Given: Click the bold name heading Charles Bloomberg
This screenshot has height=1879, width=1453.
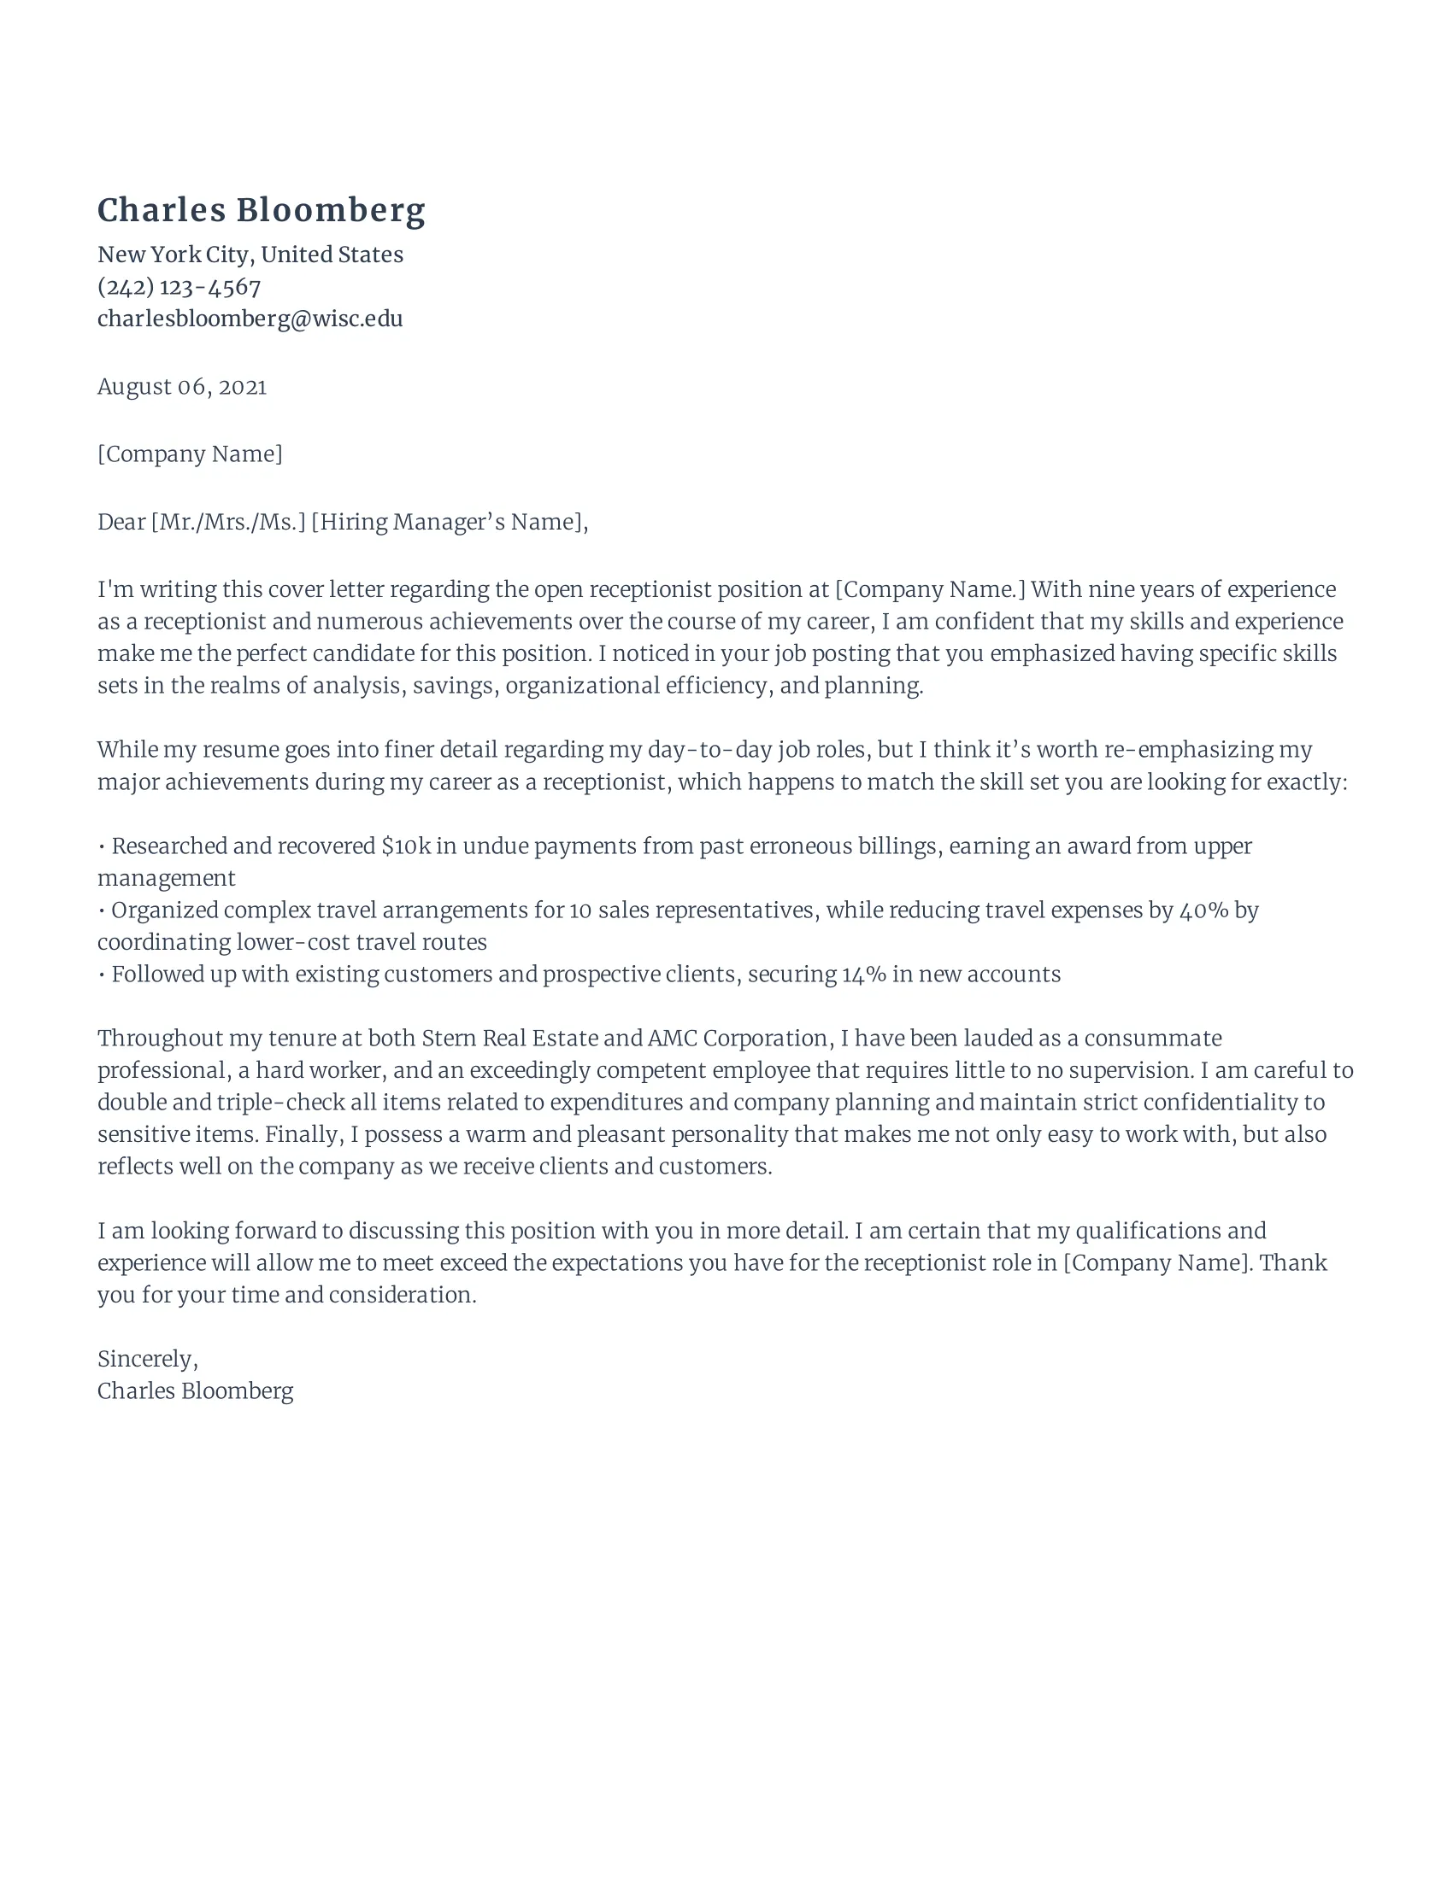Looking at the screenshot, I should (261, 210).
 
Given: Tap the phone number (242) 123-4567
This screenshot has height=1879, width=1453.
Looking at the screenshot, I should (178, 286).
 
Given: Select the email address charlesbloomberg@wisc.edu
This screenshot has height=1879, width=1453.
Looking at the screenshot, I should (250, 319).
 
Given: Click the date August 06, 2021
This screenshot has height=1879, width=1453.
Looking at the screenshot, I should (181, 386).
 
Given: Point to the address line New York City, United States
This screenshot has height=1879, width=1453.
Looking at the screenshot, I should (250, 255).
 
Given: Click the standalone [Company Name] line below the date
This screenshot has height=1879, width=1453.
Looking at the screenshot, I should (190, 454).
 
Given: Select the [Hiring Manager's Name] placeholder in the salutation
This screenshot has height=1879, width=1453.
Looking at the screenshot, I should (447, 521).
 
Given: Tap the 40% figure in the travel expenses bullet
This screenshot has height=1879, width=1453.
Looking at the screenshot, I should (1203, 910).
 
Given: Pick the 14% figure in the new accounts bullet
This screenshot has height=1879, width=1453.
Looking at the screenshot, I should (863, 974).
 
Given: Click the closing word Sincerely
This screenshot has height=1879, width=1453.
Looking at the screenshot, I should (146, 1359).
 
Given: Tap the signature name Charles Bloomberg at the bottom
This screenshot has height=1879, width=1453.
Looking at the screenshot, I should (195, 1390).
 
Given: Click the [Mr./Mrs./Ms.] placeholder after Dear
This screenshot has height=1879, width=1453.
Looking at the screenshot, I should (228, 521).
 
